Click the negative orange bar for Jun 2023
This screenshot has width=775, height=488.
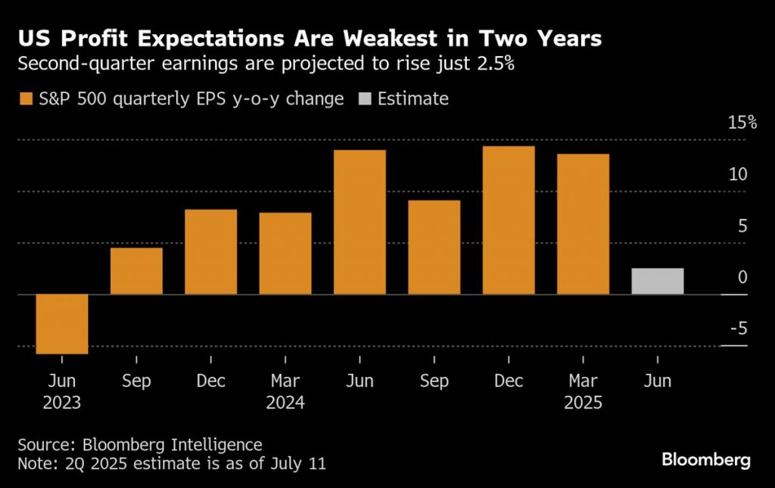[x=62, y=323]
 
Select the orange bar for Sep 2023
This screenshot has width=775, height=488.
[x=136, y=271]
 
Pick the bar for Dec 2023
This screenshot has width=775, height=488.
[x=210, y=251]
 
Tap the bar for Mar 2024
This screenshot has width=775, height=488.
[x=285, y=253]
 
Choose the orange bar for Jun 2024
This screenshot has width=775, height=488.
[x=359, y=222]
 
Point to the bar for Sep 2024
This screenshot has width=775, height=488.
[x=434, y=247]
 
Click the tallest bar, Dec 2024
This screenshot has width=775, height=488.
[x=509, y=220]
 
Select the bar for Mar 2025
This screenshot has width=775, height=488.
[x=583, y=224]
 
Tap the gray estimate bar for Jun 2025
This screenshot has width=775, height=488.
[x=658, y=281]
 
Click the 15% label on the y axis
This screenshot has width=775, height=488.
[x=742, y=123]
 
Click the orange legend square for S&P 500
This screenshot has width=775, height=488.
[x=26, y=99]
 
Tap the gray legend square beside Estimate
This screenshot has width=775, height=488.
[x=364, y=99]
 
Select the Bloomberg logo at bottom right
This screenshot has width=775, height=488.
[x=705, y=459]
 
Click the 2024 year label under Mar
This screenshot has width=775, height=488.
[x=285, y=403]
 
